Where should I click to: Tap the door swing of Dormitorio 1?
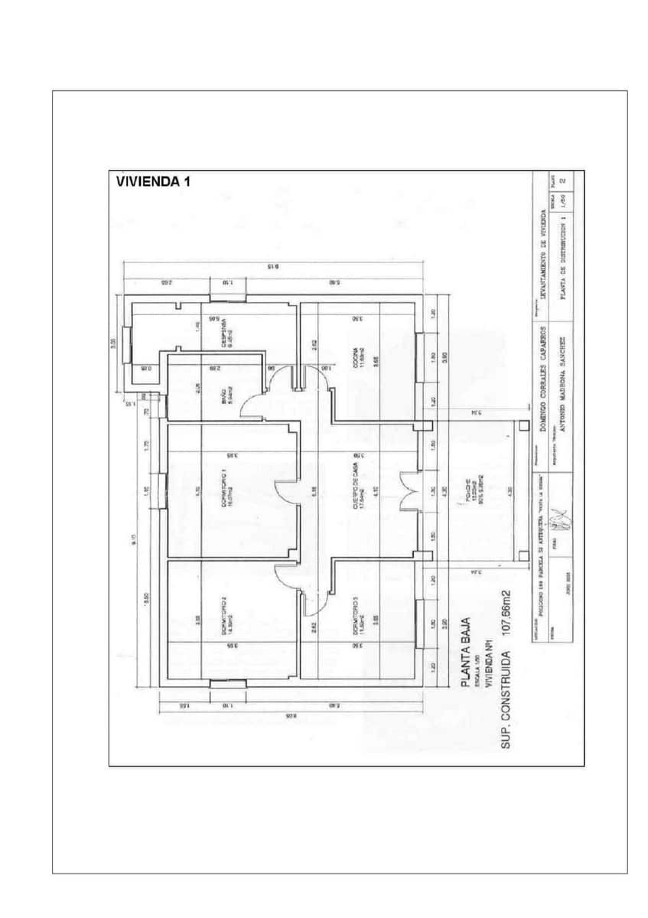tap(285, 490)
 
